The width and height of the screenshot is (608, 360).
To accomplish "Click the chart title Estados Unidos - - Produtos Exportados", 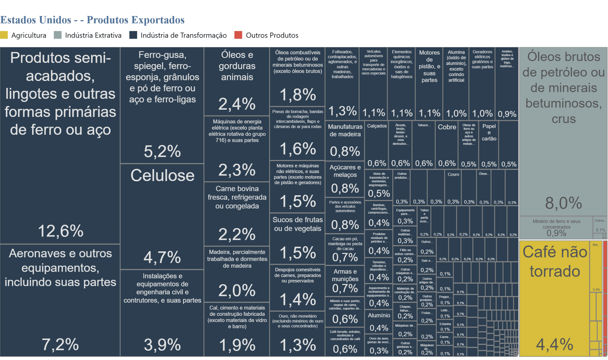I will tap(92, 20).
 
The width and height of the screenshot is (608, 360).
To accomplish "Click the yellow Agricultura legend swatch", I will tap(4, 35).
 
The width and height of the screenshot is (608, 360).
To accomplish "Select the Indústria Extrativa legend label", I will tap(93, 35).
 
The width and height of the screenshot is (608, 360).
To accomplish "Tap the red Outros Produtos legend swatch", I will tap(238, 35).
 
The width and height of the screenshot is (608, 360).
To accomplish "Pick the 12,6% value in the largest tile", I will tap(61, 231).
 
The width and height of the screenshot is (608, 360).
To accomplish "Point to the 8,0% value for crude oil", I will tap(563, 203).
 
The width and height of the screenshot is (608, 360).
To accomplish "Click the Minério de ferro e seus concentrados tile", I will tap(556, 227).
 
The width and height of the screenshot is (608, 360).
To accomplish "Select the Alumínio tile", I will tap(379, 321).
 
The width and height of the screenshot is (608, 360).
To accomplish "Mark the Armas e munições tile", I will tap(345, 280).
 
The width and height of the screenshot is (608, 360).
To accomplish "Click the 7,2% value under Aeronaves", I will tap(60, 344).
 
